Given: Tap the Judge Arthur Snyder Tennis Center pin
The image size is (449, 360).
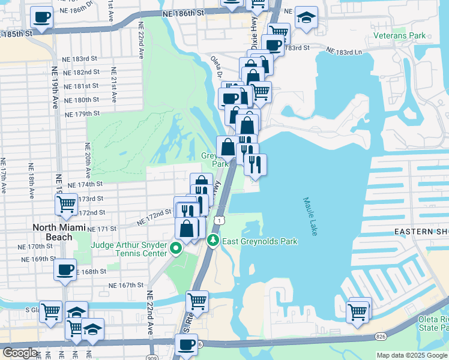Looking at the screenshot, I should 176,248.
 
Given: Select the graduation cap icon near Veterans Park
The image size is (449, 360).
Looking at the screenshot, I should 306,19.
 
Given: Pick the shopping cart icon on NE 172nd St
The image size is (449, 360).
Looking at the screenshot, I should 66,205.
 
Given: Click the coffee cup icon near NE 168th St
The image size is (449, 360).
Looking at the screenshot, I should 64,269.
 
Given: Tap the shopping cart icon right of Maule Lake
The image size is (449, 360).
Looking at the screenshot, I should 358,311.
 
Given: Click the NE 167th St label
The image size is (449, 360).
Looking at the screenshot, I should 126,285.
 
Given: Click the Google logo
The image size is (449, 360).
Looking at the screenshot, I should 20,353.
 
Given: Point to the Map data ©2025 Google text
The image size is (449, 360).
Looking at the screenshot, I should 412,355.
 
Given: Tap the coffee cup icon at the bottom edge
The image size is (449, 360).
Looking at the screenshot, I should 186,345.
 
